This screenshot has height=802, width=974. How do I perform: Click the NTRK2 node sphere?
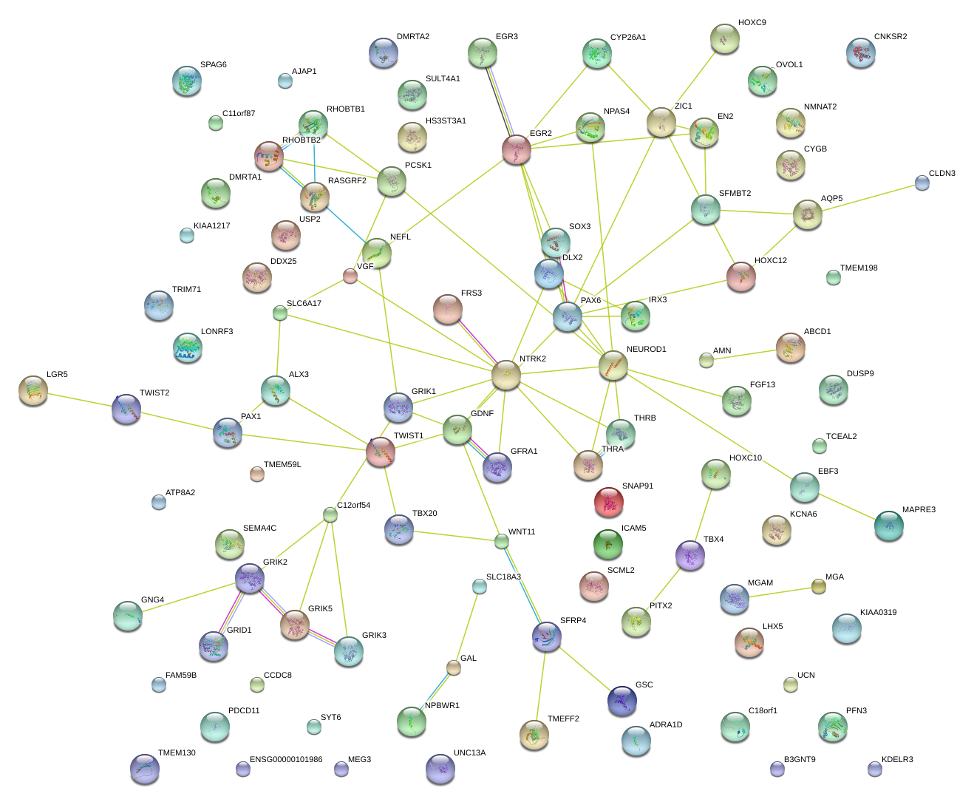pyautogui.click(x=506, y=375)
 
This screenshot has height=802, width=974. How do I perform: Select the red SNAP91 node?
pyautogui.click(x=608, y=502)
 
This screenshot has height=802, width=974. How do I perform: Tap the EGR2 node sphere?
pyautogui.click(x=517, y=149)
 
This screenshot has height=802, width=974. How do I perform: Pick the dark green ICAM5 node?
pyautogui.click(x=607, y=544)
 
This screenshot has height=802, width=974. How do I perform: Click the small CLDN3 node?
pyautogui.click(x=922, y=183)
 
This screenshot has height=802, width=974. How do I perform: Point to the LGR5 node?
pyautogui.click(x=33, y=390)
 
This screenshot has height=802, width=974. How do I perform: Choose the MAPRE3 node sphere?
pyautogui.click(x=888, y=525)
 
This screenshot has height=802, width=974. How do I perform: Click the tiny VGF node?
pyautogui.click(x=350, y=276)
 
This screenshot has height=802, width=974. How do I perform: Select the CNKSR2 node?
pyautogui.click(x=861, y=53)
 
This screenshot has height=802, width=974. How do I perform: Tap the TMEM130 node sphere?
pyautogui.click(x=144, y=769)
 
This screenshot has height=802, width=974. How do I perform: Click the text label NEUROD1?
pyautogui.click(x=646, y=349)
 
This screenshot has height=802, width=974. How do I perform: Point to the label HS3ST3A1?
pyautogui.click(x=446, y=120)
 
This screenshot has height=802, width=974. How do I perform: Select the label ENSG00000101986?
pyautogui.click(x=286, y=759)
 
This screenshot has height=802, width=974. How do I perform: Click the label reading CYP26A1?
pyautogui.click(x=627, y=37)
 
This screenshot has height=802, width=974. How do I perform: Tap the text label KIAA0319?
pyautogui.click(x=878, y=612)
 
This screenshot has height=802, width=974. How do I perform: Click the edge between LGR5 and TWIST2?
pyautogui.click(x=80, y=399)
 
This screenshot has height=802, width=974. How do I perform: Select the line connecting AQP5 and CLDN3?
pyautogui.click(x=865, y=199)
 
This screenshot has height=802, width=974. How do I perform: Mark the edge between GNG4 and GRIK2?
pyautogui.click(x=189, y=597)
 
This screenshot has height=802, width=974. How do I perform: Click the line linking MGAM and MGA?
pyautogui.click(x=777, y=593)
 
